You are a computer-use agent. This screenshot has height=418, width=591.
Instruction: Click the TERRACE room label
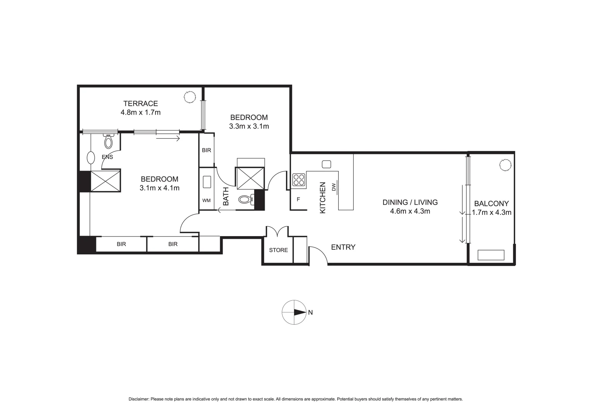[x=140, y=103]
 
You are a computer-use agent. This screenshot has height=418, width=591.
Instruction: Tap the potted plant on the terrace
[x=189, y=97]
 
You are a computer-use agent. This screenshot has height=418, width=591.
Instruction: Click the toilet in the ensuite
[x=108, y=141]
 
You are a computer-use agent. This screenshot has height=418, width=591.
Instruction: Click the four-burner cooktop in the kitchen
[x=299, y=180]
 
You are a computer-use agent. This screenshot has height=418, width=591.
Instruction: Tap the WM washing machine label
[x=206, y=200]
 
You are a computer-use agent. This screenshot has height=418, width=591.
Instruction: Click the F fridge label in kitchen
[x=298, y=200]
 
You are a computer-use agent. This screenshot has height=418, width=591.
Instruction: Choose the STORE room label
[x=278, y=250]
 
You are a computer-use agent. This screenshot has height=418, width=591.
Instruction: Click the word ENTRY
[x=343, y=247]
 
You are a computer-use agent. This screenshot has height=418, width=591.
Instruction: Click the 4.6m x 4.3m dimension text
[x=410, y=211]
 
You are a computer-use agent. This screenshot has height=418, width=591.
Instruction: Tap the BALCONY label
[x=491, y=204]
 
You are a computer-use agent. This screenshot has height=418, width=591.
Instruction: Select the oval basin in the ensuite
[x=91, y=158]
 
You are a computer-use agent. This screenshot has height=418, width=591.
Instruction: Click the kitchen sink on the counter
[x=326, y=164]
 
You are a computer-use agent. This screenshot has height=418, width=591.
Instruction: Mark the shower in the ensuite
[x=106, y=181]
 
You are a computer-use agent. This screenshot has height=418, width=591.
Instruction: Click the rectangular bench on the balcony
[x=491, y=255]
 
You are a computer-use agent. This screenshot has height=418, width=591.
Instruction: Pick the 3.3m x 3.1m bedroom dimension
[x=249, y=126]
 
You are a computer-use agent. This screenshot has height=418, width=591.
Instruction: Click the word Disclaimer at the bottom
[x=139, y=399]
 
